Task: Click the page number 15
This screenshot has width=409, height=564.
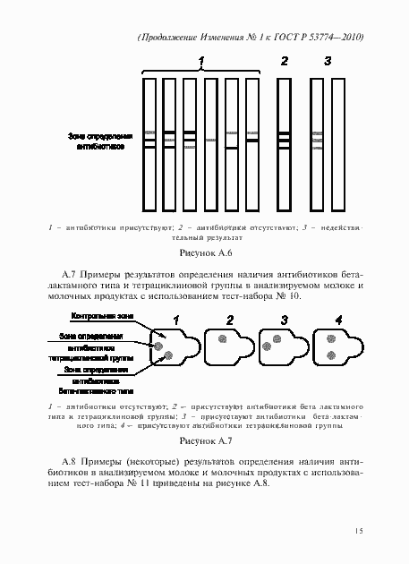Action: pyautogui.click(x=358, y=532)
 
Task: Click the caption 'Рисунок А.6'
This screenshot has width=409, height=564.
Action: pyautogui.click(x=206, y=254)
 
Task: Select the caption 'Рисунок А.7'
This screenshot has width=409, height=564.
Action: pyautogui.click(x=206, y=441)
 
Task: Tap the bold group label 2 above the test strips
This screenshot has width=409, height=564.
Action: pyautogui.click(x=284, y=61)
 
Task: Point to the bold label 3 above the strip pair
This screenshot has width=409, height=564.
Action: pyautogui.click(x=328, y=61)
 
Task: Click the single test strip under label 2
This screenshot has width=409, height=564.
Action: pyautogui.click(x=284, y=143)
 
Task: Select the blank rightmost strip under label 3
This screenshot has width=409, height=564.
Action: pyautogui.click(x=337, y=143)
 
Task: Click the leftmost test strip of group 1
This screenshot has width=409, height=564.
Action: pyautogui.click(x=149, y=143)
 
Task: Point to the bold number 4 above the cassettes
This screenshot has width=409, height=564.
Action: pyautogui.click(x=337, y=319)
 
